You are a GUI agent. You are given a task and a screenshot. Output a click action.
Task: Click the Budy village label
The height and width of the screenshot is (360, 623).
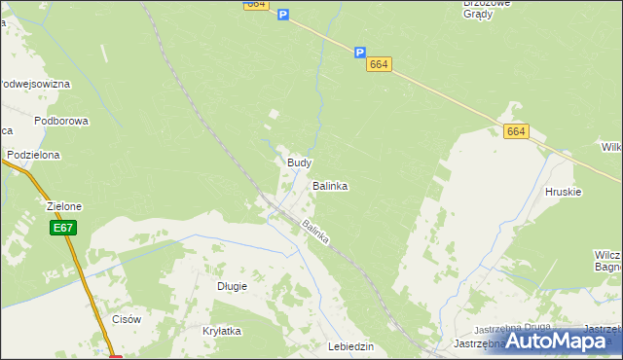[299, 162]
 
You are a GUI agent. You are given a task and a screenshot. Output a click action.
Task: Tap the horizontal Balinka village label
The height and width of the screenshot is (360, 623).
[330, 185]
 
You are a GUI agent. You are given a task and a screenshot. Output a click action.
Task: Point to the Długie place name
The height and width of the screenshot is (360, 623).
[232, 286]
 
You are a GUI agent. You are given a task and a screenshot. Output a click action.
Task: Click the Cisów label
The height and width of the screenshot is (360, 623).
[128, 319]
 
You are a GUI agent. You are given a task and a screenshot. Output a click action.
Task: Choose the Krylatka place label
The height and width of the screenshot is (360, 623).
[221, 331]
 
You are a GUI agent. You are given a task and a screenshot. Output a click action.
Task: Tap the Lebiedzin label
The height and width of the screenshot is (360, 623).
[351, 346]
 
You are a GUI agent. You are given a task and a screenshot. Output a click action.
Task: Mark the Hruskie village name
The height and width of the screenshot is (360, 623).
[564, 192]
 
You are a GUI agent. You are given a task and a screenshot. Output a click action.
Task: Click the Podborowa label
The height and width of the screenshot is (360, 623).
[61, 121]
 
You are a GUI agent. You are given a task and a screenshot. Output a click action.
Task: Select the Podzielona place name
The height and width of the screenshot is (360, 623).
[33, 155]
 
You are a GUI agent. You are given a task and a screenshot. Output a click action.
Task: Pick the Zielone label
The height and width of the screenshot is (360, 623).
[64, 206]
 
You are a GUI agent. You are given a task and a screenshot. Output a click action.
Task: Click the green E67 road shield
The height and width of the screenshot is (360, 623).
[63, 228]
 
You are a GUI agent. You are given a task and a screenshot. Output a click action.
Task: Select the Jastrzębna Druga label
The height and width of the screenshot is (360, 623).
[512, 329]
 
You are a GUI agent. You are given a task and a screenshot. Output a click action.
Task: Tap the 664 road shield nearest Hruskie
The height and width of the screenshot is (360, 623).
[516, 131]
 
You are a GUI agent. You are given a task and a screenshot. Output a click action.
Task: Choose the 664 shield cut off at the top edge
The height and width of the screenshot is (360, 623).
[256, 4]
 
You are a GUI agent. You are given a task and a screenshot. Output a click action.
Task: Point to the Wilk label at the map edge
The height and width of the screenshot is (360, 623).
[611, 147]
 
